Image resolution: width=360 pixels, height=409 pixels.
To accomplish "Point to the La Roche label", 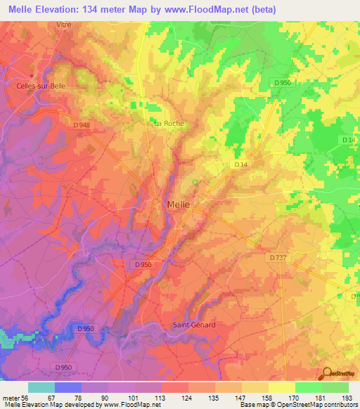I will pos(169,123).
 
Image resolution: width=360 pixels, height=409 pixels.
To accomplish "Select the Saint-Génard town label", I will pos(194,325).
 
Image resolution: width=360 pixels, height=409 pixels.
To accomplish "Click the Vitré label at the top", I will pos(64,24).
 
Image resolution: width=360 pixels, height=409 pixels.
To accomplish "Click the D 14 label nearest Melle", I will pos(240,164).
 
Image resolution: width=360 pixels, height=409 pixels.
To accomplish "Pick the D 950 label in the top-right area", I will pos(283,82).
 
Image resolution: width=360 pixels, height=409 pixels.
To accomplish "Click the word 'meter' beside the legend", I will pos(9,397).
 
